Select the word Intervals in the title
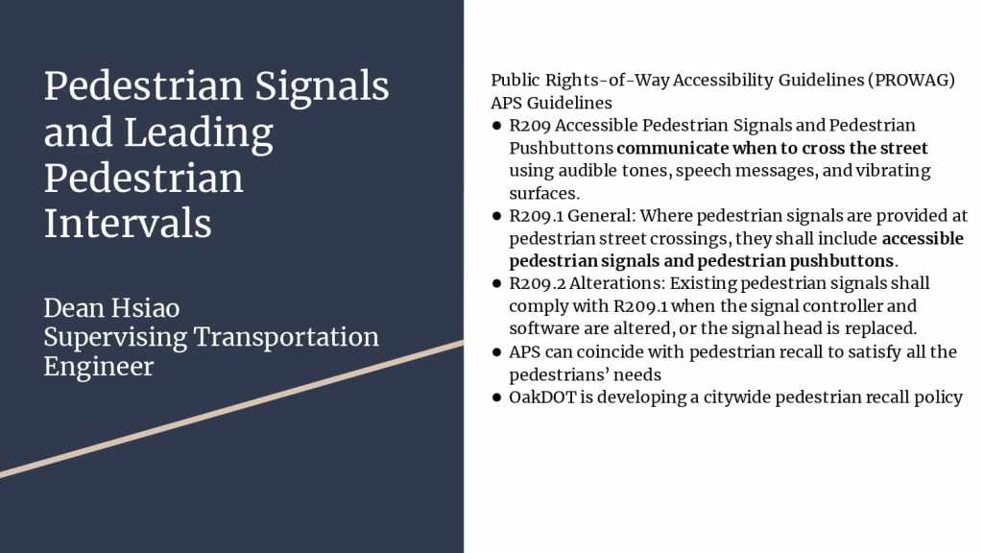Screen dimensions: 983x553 tap(128, 224)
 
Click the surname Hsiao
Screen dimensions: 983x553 tap(146, 308)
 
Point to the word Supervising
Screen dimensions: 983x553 tap(115, 338)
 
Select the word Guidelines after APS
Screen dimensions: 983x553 tap(569, 103)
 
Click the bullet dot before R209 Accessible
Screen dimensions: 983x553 tap(497, 126)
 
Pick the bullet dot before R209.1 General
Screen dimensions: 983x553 tap(497, 216)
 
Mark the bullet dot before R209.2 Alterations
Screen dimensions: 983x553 tap(497, 284)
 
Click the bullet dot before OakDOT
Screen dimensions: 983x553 tap(497, 397)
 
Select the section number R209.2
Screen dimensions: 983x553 tap(538, 283)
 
